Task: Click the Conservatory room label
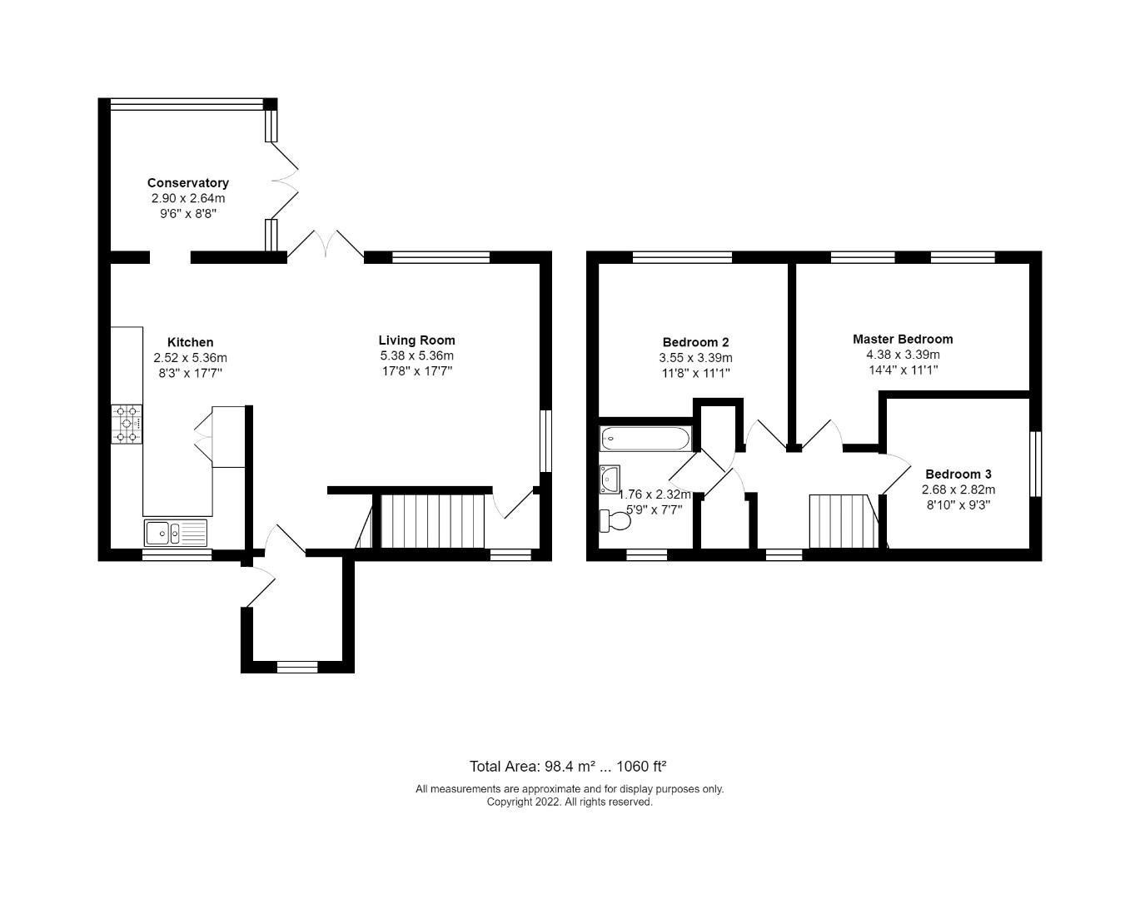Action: [x=187, y=183]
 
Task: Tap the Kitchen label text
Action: [x=190, y=342]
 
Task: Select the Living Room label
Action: [x=416, y=340]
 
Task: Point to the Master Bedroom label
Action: [x=902, y=339]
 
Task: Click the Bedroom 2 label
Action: [x=695, y=342]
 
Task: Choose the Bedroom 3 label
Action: [x=958, y=474]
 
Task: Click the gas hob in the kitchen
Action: [x=127, y=424]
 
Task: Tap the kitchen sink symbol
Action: [x=175, y=532]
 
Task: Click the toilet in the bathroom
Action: [x=615, y=521]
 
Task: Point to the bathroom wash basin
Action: [x=609, y=479]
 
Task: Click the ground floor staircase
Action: [x=431, y=521]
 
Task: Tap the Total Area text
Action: [x=569, y=767]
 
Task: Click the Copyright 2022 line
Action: [x=570, y=802]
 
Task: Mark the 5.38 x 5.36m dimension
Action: [x=416, y=355]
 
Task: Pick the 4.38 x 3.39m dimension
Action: [x=902, y=355]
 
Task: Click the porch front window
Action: [x=297, y=666]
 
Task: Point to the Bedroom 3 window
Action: [x=1036, y=464]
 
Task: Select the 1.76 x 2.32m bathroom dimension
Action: [x=655, y=494]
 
